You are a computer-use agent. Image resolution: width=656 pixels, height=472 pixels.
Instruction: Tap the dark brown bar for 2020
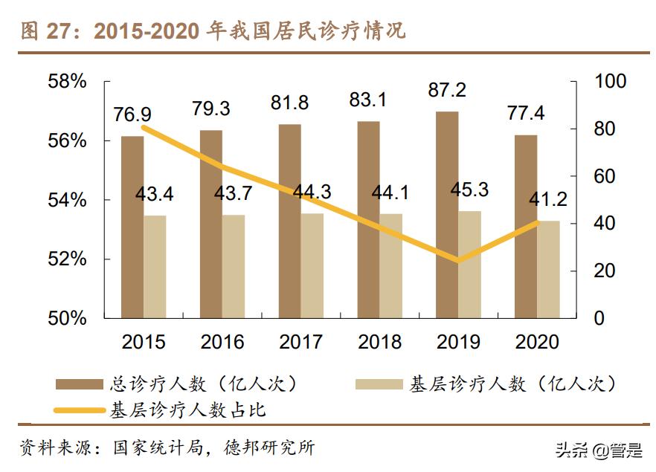526,226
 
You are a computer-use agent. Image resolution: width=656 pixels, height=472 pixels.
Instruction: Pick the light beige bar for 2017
312,265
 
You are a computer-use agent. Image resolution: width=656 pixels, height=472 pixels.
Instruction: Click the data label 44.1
390,193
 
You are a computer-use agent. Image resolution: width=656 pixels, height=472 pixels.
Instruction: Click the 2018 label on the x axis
379,342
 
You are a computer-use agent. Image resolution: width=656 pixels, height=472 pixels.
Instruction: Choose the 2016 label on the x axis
222,342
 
